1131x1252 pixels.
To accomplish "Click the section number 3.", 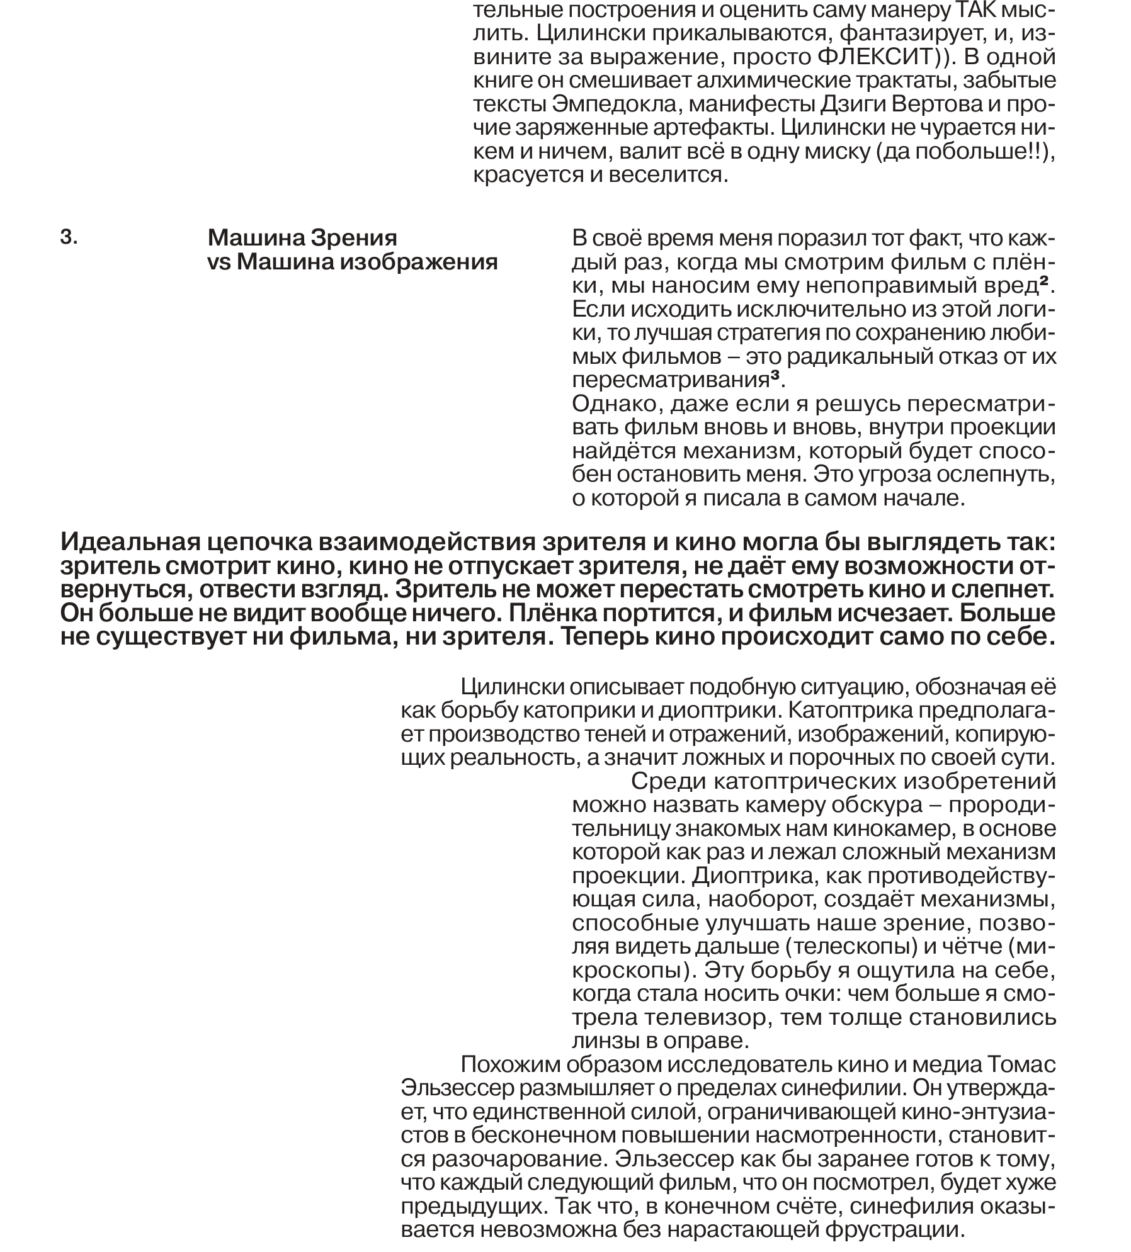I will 69,237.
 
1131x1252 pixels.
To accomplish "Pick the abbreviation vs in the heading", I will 219,262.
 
